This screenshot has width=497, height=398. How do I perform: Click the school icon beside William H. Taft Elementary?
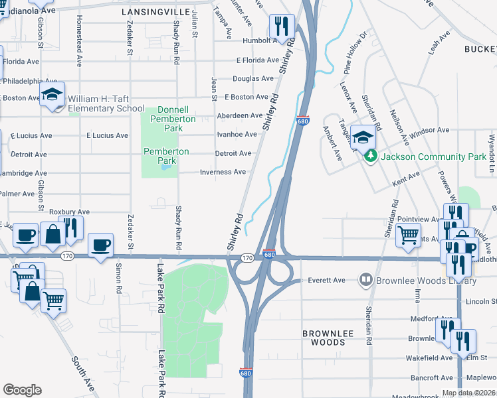(52, 95)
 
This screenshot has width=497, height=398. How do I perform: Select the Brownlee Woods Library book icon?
(364, 280)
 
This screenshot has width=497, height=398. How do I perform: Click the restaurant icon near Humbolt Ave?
(282, 27)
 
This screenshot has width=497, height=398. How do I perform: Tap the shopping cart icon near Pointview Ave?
(408, 234)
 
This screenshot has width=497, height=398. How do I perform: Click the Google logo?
(22, 390)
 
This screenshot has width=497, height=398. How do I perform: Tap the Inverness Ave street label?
(223, 172)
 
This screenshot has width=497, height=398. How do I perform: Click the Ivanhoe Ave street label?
(237, 134)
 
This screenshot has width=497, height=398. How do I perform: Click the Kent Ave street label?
(406, 178)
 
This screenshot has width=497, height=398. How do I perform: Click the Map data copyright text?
(469, 393)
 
